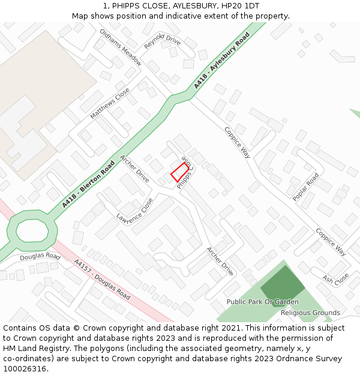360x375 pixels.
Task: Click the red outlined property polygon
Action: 180,172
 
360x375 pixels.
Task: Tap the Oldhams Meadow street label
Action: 121,47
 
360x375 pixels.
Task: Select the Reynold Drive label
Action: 162,41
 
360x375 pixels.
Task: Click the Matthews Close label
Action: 110,103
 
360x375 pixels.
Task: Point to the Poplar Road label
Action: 305,187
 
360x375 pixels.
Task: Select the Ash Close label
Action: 335,280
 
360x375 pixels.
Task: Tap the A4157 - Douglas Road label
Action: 102,280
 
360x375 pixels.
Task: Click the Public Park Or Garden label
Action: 262,302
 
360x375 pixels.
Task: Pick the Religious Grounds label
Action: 310,313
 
